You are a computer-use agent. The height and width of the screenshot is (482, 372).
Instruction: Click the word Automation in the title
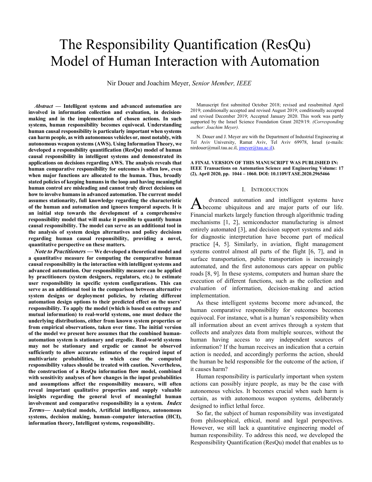pos(285,61)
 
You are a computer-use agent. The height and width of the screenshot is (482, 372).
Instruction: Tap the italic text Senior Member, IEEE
pos(221,83)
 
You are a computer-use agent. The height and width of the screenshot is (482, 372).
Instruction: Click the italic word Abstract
pos(43,106)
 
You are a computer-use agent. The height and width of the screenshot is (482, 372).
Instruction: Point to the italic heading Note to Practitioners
pos(60,252)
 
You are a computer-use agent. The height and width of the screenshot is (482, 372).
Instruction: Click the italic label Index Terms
pos(36,410)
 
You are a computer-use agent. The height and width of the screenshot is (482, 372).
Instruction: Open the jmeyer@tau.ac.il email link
pos(256,148)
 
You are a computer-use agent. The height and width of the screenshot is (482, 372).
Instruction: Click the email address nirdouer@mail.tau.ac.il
pos(214,148)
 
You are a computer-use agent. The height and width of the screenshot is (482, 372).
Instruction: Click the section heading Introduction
pos(269,190)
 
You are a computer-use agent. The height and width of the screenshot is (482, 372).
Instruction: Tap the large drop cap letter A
pos(196,204)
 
